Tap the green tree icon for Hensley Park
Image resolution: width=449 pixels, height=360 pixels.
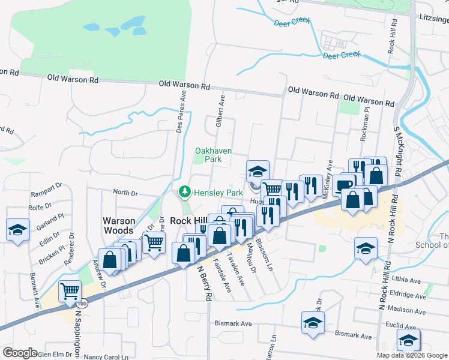[x=184, y=191]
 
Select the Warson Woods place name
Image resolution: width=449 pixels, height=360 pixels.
[x=127, y=226]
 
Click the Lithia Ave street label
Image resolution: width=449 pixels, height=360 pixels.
[x=408, y=280]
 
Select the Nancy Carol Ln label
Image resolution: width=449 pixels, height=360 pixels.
[x=106, y=356]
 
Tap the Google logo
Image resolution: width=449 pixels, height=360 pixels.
[x=20, y=353]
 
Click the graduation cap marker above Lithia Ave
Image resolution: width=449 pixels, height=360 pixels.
[x=365, y=247]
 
